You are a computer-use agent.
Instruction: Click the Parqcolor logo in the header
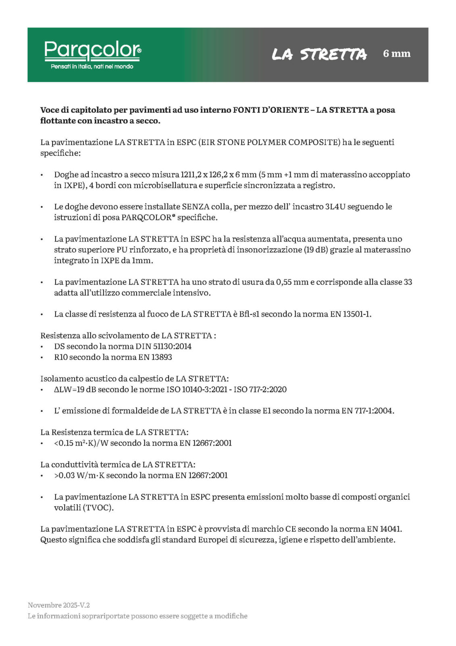click(92, 50)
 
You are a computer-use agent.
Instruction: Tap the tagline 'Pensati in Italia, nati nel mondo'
click(92, 67)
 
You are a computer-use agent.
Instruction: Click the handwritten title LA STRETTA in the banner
click(319, 54)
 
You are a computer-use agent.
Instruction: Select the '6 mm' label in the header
click(397, 54)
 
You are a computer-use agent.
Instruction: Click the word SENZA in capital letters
click(196, 207)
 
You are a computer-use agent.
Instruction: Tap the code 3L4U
click(335, 207)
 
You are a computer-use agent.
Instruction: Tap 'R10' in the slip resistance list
click(60, 357)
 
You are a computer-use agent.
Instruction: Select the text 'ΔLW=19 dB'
click(75, 390)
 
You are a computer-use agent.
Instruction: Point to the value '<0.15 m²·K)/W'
click(81, 443)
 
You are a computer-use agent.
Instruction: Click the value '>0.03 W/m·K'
click(79, 476)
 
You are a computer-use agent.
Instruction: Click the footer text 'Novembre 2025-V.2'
click(59, 605)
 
